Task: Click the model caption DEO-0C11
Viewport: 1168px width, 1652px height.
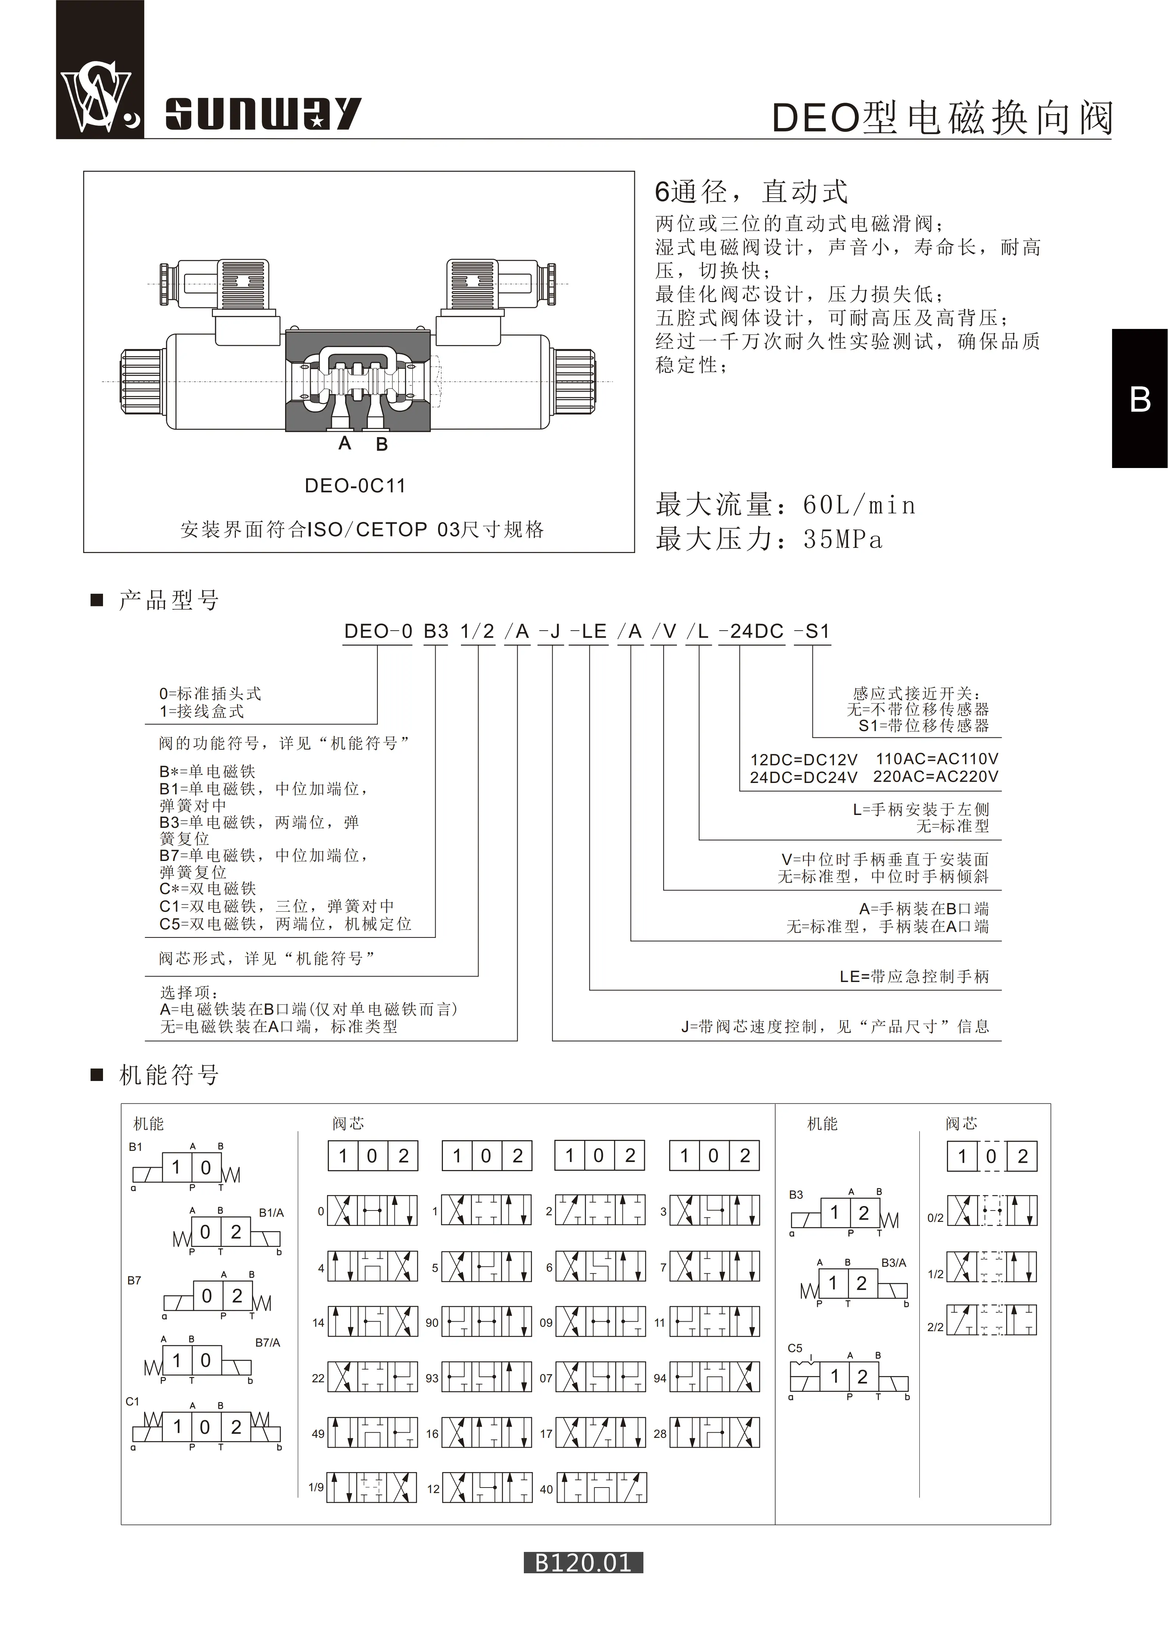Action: coord(355,486)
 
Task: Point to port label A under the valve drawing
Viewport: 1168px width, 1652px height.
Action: coord(344,443)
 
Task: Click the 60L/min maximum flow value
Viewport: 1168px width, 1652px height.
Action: coord(859,505)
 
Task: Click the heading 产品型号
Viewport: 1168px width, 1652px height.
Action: coord(168,600)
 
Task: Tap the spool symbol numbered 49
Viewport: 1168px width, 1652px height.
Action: coord(373,1433)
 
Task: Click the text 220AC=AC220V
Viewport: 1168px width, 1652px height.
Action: coord(936,776)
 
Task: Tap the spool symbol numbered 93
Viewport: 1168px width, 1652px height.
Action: coord(486,1377)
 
